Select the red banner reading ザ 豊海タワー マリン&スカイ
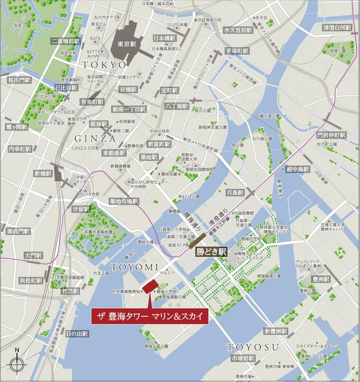pos(150,316)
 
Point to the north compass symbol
pos(17,364)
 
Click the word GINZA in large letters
pos(95,139)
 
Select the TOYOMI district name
pos(132,267)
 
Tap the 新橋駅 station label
pos(42,174)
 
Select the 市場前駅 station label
pos(243,358)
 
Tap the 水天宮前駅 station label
pos(238,30)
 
